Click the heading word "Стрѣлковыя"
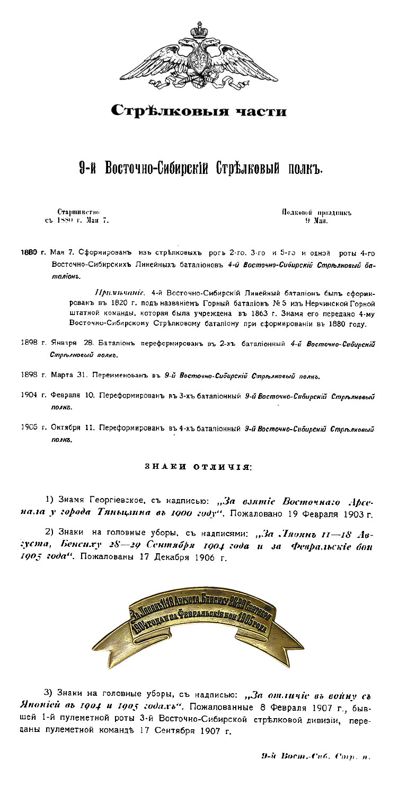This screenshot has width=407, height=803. [162, 110]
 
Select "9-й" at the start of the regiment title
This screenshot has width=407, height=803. [91, 169]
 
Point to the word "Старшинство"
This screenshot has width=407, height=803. [78, 212]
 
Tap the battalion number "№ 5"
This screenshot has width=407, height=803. [279, 304]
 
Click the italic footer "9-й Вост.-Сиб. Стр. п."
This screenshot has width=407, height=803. [316, 756]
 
